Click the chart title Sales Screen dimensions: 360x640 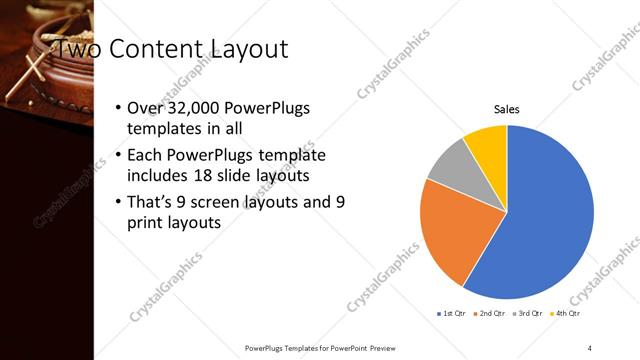pos(507,109)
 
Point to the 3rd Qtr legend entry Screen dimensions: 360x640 pos(528,313)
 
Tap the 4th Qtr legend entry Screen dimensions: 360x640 pos(567,313)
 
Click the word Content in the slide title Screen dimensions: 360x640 pos(158,48)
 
